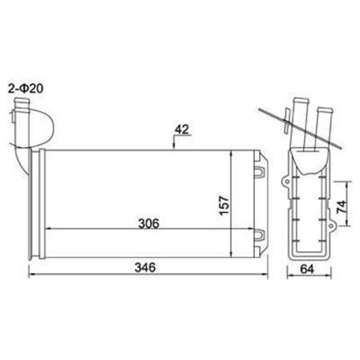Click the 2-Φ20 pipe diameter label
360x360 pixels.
26,89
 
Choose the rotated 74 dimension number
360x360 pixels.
341,208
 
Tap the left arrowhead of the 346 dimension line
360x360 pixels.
32,276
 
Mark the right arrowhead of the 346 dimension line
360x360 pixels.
265,276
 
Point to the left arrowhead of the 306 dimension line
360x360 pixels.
49,229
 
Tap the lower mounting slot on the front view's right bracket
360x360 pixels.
259,235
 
